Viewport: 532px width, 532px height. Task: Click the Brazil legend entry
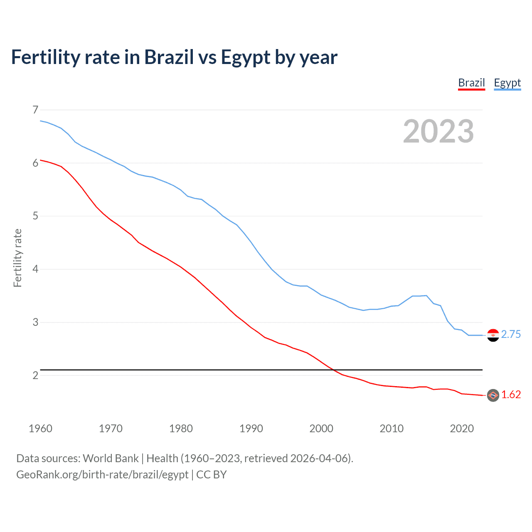tap(471, 83)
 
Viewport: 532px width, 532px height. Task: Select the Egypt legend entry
tap(507, 83)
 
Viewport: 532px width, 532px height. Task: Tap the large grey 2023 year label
tap(438, 131)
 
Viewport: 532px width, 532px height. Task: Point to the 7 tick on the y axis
tap(35, 110)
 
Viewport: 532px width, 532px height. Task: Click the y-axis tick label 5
tap(35, 216)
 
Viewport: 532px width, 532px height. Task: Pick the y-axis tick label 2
tap(35, 375)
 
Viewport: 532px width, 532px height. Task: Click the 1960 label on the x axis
tap(40, 429)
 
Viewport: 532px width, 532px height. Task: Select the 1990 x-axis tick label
tap(251, 429)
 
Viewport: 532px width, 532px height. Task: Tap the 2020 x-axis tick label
tap(462, 429)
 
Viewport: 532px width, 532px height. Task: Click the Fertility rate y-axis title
tap(17, 258)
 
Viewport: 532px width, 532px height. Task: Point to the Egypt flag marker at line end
tap(493, 335)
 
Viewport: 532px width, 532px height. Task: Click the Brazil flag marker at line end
tap(493, 395)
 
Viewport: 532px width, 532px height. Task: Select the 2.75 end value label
tap(511, 335)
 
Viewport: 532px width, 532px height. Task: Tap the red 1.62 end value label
tap(511, 395)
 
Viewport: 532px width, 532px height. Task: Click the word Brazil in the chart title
tap(169, 57)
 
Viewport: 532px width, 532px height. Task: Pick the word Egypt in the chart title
tap(246, 57)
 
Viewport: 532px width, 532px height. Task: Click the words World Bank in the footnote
tap(111, 458)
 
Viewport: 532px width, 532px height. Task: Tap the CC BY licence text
tap(212, 475)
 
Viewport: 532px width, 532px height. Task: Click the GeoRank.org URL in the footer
tap(102, 475)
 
